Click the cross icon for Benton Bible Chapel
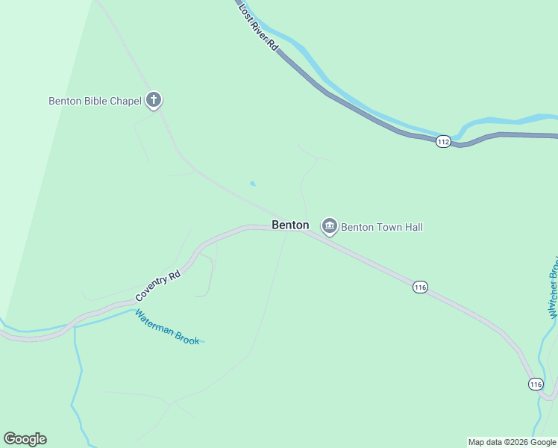154,99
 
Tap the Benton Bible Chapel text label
95,101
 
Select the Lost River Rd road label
259,27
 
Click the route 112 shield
443,141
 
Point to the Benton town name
290,225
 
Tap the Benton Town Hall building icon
329,225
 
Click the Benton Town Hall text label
381,226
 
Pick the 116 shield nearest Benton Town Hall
420,287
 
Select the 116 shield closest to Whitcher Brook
535,384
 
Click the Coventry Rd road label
158,286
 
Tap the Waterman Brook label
167,327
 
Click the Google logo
25,439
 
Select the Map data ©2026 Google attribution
512,442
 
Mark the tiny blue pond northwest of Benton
253,183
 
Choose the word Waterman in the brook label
154,322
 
